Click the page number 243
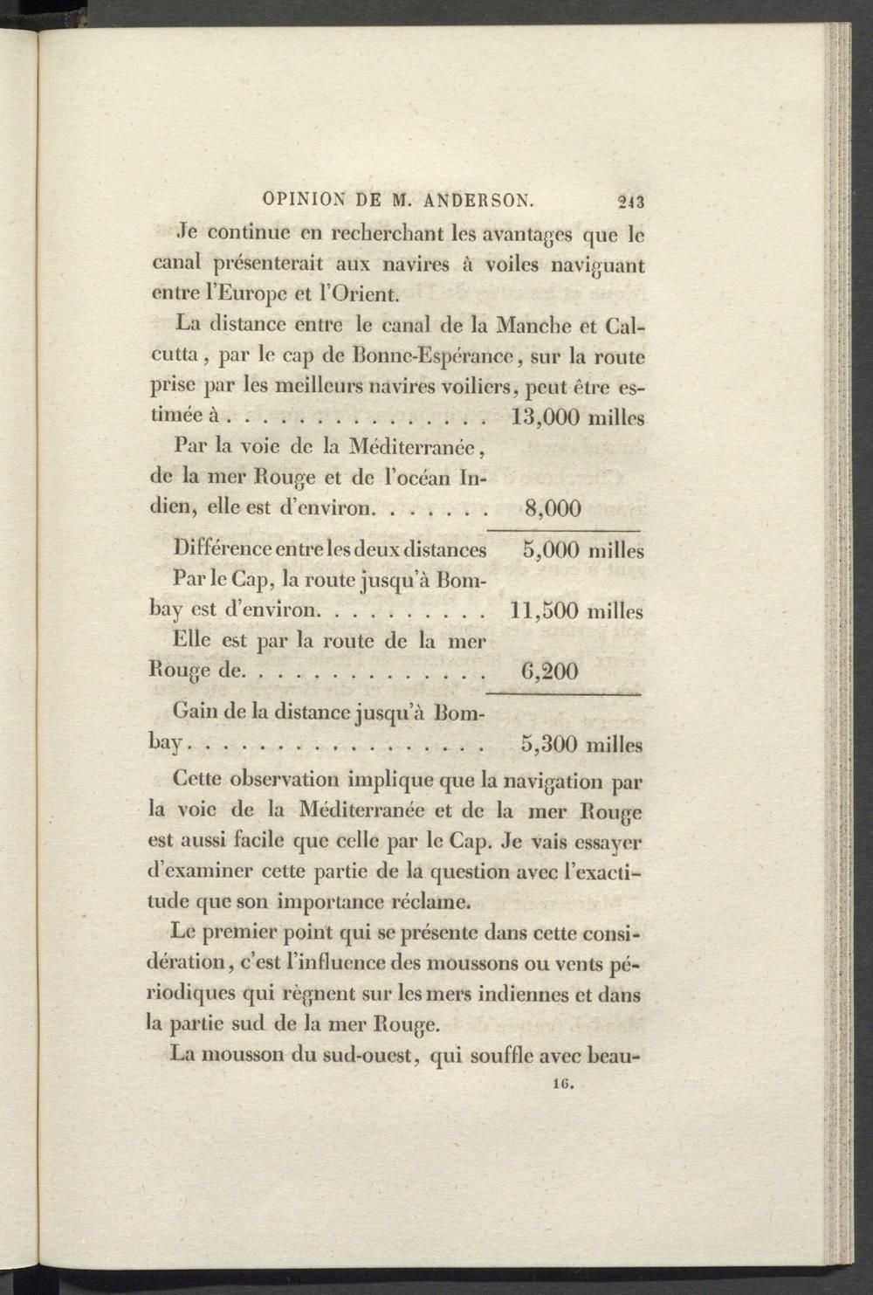pos(629,201)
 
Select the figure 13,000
pos(546,417)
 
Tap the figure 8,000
pos(553,508)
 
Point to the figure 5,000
pos(550,551)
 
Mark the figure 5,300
pos(549,745)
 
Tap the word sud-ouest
pos(364,1054)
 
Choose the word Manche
pos(533,326)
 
